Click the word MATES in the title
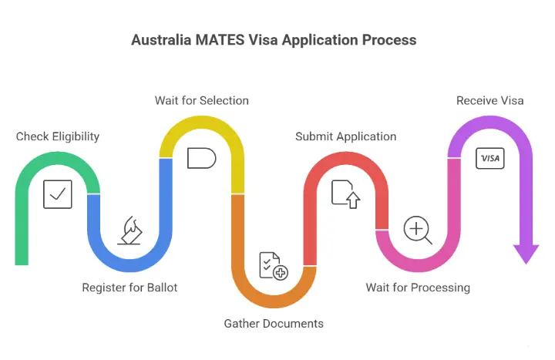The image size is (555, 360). point(217,40)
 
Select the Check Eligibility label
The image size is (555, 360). point(58,136)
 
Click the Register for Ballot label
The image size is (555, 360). point(129,288)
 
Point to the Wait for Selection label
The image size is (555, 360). point(201,100)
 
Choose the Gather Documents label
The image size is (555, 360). point(274,323)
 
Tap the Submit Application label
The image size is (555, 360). point(346,136)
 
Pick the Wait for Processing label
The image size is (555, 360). point(418,288)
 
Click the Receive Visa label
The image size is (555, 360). point(489,100)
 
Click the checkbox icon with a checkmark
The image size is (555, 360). point(58,194)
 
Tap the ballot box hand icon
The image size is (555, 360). point(130,230)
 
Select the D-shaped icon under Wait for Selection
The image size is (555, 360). point(201,158)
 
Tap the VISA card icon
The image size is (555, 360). point(489,158)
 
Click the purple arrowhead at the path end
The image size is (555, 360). point(526,254)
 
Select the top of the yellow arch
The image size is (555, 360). point(201,122)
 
